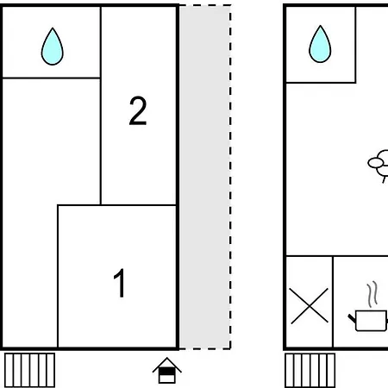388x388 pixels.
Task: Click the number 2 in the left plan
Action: coord(138,110)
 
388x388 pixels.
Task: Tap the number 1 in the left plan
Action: coord(120,283)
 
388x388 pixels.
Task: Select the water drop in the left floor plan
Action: coord(53,47)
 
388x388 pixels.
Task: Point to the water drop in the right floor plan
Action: coord(320,44)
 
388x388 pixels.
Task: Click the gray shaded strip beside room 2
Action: coord(205,177)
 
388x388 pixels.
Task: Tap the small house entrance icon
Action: coord(167,370)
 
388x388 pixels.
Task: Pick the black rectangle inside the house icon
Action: coord(167,372)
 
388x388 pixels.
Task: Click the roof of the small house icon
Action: coord(167,365)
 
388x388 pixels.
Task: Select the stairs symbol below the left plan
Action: coord(30,371)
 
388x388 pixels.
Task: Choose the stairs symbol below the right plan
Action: coord(310,371)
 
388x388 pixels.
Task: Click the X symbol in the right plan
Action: coord(310,306)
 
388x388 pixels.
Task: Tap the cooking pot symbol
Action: coord(368,321)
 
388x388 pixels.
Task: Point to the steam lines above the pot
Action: coord(372,294)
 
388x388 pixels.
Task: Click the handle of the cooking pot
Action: coord(352,318)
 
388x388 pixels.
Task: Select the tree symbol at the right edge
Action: coord(379,166)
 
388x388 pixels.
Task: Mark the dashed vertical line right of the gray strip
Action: coord(230,177)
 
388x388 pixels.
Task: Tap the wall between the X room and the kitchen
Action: coord(333,302)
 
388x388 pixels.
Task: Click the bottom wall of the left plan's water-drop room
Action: coord(51,78)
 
